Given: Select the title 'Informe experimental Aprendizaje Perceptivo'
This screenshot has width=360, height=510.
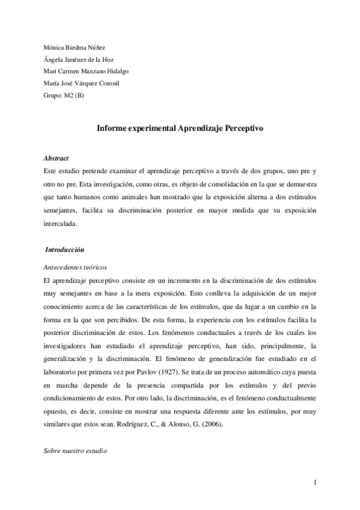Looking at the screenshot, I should pos(180,128).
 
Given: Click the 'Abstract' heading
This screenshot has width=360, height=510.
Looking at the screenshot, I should pos(56,158).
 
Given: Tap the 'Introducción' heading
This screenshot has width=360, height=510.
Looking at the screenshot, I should pos(64,249).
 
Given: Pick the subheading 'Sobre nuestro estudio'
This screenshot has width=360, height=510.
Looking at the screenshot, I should pos(75,450).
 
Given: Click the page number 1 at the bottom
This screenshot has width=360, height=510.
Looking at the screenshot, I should pos(315,482).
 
